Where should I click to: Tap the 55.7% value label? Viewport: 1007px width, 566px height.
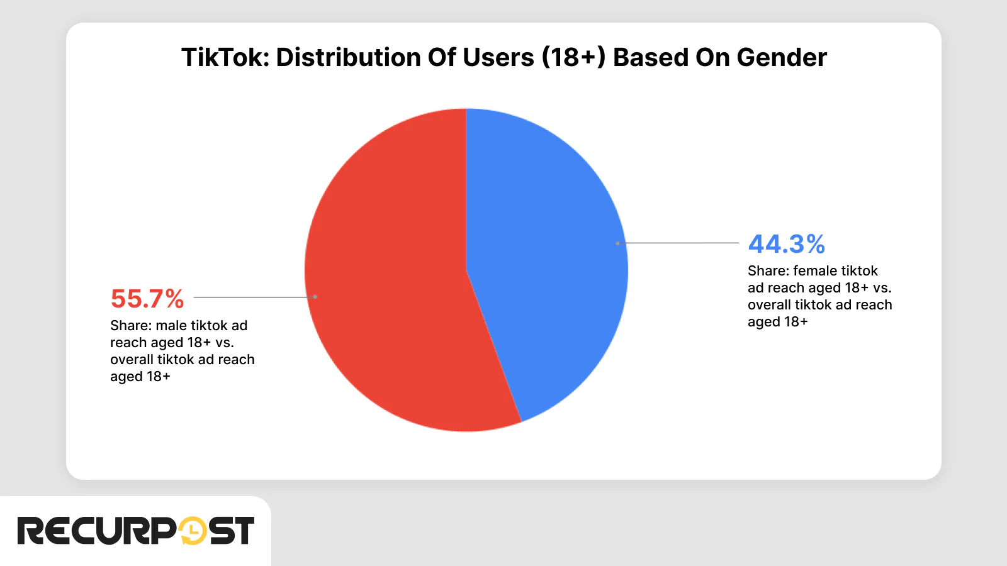[147, 299]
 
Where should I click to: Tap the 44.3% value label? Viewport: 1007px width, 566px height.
[786, 244]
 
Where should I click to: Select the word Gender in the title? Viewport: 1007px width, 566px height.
[782, 57]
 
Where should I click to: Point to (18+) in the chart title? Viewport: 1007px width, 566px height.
[573, 57]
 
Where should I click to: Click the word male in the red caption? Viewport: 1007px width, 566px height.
[171, 326]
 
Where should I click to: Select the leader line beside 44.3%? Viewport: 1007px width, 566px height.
[680, 243]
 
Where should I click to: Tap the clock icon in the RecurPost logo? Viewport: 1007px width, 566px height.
[193, 531]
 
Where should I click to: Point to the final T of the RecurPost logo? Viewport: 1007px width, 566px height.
[242, 531]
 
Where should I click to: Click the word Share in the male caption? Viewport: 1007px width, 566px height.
[129, 326]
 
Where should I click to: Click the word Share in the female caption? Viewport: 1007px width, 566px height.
[767, 271]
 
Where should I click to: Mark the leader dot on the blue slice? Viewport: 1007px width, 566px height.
[618, 243]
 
